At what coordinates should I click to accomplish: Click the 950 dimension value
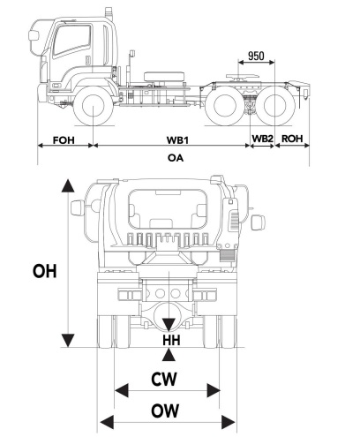[256, 56]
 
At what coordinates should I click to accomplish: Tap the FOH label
[64, 139]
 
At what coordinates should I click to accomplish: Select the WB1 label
[177, 139]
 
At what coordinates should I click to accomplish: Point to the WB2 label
[263, 139]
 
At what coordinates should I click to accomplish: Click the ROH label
[292, 139]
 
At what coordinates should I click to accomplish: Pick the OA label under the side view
[176, 158]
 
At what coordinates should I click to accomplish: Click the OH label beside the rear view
[45, 271]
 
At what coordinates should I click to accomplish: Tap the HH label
[171, 340]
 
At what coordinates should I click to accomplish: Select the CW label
[164, 379]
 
